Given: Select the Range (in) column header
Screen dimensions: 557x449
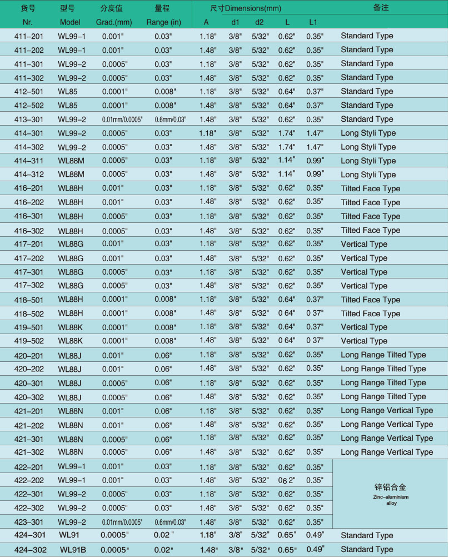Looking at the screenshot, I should [164, 22].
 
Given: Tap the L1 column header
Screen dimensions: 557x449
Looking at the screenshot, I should [313, 22].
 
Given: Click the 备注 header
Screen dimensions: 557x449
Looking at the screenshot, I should [381, 8].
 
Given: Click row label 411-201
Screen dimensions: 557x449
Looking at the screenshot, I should [28, 36].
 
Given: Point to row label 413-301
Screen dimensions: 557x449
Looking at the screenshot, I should [28, 120].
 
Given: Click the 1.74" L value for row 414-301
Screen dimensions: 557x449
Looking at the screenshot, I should [287, 133].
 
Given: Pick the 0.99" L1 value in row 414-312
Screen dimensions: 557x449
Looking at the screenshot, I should [315, 175].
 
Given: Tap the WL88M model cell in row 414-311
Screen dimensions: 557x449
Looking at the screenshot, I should [71, 161].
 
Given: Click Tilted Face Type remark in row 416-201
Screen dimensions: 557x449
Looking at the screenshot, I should [370, 189].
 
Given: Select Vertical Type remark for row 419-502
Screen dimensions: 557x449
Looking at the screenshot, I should [364, 341].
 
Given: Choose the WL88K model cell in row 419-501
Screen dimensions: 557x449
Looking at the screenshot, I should [71, 327].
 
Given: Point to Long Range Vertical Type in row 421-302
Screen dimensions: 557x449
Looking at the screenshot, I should [387, 452].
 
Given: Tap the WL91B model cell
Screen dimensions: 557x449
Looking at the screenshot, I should [73, 549].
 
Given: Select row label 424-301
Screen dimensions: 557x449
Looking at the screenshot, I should [28, 535].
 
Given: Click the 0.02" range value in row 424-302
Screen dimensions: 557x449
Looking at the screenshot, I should [165, 549].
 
